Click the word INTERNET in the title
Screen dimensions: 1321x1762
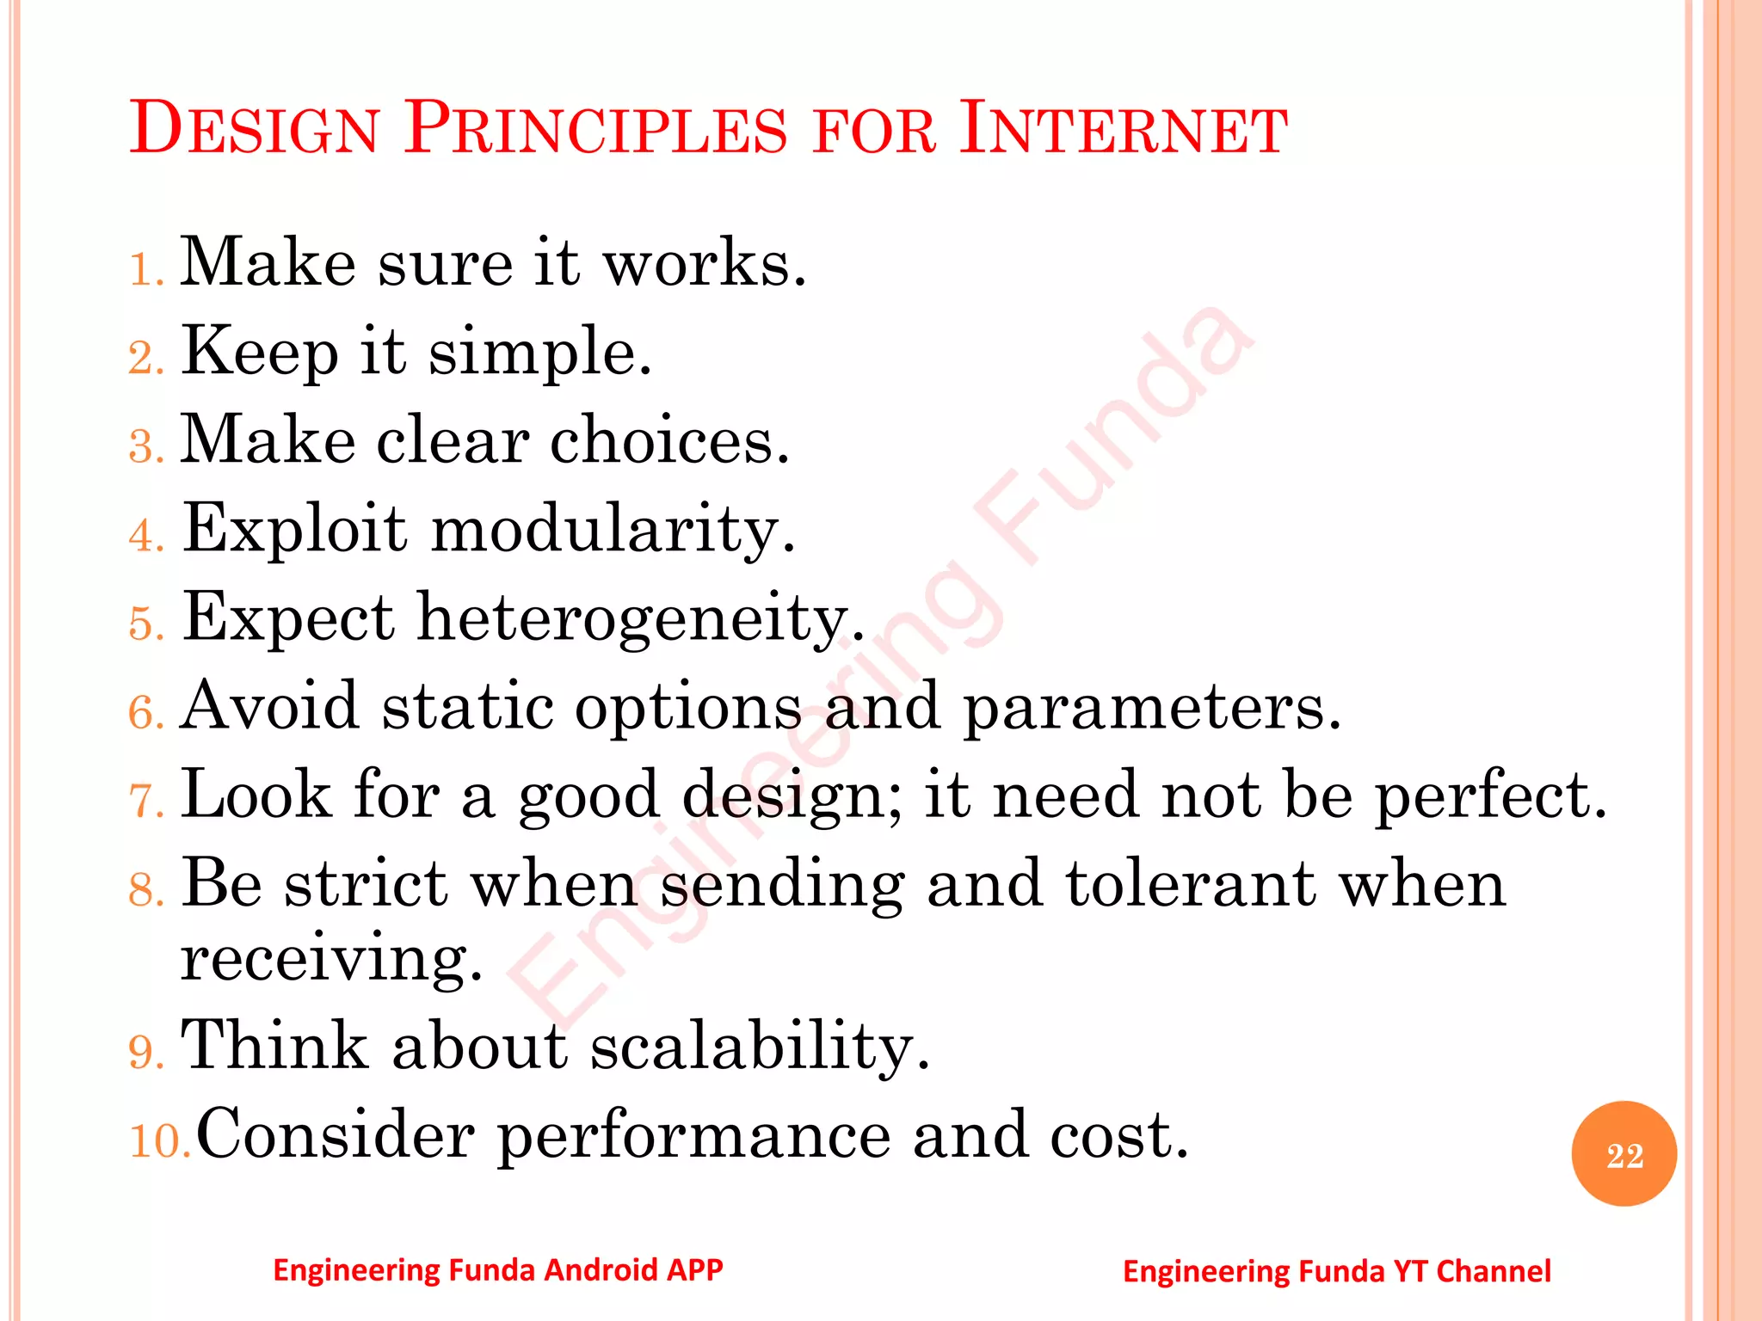1123,129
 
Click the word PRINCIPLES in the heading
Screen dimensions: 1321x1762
595,129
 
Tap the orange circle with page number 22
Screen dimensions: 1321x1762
1623,1154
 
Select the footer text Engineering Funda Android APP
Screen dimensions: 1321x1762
497,1269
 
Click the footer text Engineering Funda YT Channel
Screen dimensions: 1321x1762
1336,1271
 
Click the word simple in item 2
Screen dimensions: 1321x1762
539,353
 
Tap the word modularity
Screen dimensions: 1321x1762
613,530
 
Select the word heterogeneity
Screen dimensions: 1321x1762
640,618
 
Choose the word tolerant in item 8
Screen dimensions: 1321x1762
1191,884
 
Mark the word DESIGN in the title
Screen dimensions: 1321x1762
255,129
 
